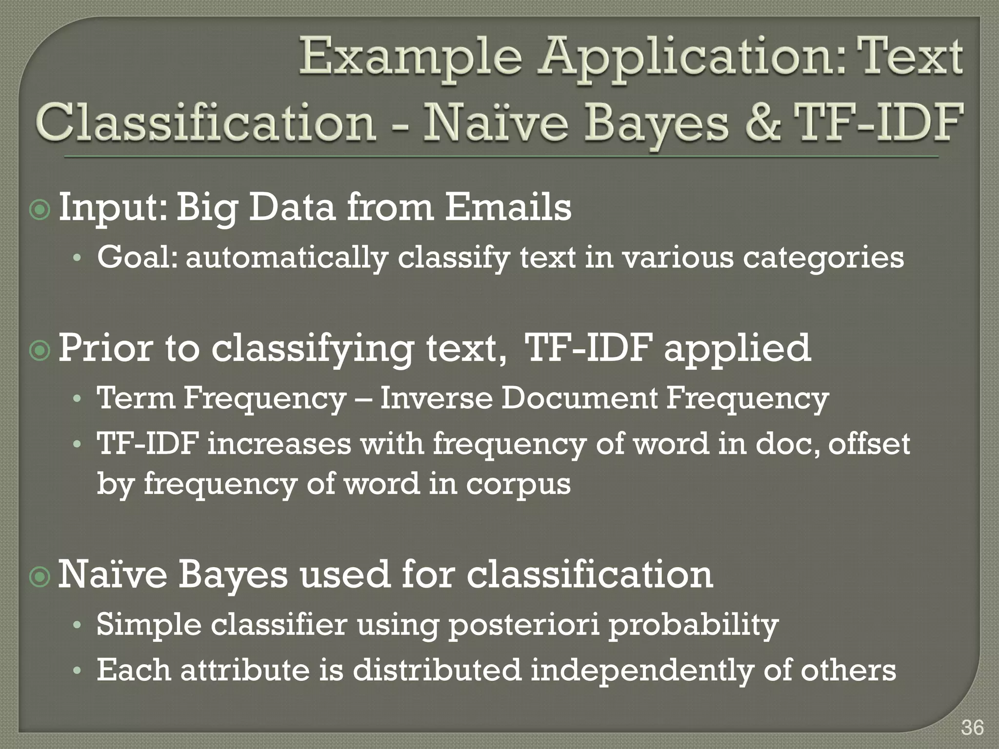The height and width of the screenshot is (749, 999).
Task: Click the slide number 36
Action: (x=972, y=728)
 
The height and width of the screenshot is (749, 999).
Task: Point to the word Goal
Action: (x=136, y=257)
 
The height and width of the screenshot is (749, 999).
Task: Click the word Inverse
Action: (x=436, y=398)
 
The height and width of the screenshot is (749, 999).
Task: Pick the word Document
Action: (x=579, y=398)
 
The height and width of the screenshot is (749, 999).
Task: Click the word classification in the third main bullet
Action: (x=590, y=575)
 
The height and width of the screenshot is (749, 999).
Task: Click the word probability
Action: (x=693, y=625)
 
